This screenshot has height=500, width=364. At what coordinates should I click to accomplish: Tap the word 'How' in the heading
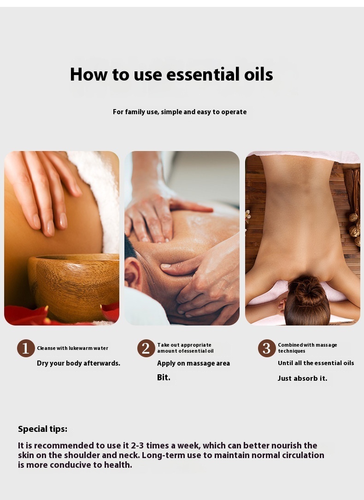point(88,74)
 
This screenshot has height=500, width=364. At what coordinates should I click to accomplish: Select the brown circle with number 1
point(26,348)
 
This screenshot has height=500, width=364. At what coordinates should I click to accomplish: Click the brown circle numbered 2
point(146,348)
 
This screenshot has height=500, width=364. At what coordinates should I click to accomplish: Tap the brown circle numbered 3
point(267,348)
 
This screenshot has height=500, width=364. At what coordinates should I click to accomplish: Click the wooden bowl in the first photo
point(73,285)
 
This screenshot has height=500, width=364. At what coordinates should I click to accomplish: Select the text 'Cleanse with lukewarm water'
point(72,348)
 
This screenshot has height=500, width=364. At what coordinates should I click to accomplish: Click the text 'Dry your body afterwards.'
point(78,363)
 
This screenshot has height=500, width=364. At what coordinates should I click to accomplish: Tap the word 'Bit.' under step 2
point(164,377)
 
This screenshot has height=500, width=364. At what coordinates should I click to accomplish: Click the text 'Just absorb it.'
point(302,378)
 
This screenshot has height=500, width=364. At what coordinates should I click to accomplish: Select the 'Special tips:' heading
point(42,429)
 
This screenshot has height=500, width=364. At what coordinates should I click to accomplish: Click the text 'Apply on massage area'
point(194,364)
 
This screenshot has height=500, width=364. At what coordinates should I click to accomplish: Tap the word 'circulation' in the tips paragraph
point(301,455)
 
